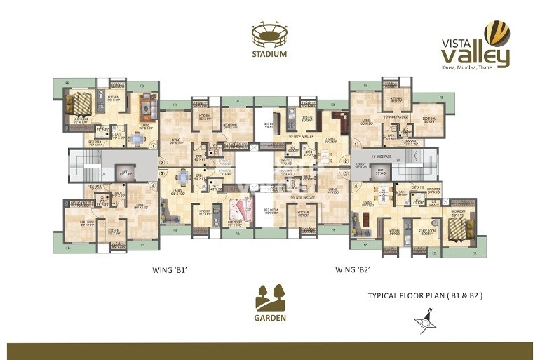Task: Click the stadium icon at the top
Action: (x=269, y=34)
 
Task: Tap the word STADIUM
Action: (x=269, y=54)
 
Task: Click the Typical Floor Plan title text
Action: (x=426, y=296)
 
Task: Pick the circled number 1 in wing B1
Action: (x=152, y=146)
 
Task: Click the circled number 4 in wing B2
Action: (x=356, y=186)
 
